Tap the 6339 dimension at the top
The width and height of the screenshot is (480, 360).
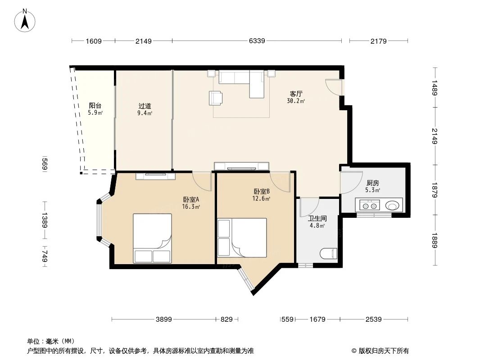257,41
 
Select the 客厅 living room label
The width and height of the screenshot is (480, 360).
296,94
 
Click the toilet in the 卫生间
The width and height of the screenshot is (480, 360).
328,253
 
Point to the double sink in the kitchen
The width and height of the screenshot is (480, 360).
369,206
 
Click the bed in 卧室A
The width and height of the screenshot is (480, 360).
152,238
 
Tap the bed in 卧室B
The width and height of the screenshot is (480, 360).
242,238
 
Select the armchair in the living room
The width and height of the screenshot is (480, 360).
216,98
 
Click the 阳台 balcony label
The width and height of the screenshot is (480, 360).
95,106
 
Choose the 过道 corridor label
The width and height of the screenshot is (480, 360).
145,106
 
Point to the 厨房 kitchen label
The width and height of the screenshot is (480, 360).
372,183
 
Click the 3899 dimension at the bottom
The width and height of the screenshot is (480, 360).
164,319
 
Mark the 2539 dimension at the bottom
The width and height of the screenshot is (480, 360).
373,319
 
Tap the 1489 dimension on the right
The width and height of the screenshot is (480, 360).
435,88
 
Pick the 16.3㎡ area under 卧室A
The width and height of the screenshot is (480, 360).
190,207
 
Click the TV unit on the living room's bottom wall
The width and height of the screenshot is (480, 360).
242,166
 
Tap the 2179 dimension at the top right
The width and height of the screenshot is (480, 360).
379,41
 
